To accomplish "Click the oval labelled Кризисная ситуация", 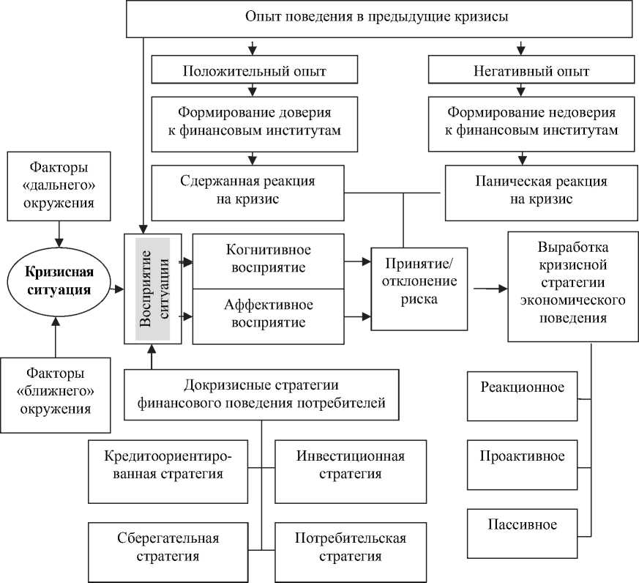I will coord(59,281).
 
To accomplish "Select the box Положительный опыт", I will coord(253,72).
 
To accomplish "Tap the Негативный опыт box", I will coord(520,72).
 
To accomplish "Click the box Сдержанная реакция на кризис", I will coord(248,190).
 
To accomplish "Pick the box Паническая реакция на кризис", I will coord(520,190).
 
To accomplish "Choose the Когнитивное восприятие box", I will coord(267,258).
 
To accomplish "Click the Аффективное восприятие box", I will coord(267,313).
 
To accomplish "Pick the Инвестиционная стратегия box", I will coord(350,465).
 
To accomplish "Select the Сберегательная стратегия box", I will coord(168,547).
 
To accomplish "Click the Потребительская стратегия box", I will coord(350,547).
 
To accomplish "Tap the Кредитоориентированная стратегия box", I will coord(168,465).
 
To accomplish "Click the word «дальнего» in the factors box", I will coord(59,180).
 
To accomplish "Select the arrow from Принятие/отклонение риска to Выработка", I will coord(490,289).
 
